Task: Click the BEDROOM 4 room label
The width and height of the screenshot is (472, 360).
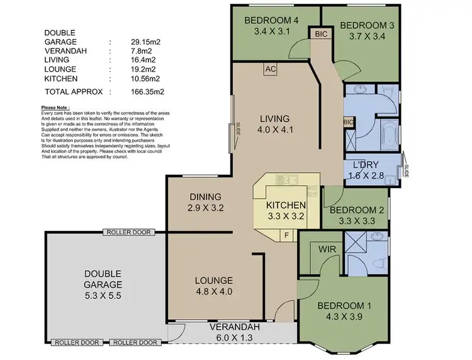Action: point(274,18)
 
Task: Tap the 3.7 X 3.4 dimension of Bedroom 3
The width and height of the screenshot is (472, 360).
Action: point(362,37)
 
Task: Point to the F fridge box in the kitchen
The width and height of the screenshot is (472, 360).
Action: point(287,235)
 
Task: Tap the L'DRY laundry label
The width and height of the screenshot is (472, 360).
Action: point(366,164)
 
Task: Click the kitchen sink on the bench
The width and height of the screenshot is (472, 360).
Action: point(289,181)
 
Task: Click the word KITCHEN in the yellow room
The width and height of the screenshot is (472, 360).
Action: point(286,205)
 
